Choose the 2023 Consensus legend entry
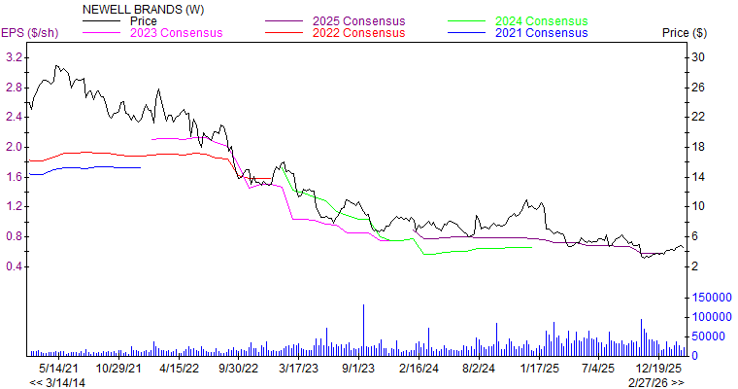click(x=176, y=33)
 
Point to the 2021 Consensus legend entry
click(x=541, y=33)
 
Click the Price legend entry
click(x=143, y=20)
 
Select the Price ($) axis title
click(x=685, y=33)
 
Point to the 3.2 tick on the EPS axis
click(x=15, y=57)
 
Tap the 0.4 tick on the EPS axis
click(x=15, y=266)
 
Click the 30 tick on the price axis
click(x=696, y=57)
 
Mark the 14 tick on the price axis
click(x=696, y=177)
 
